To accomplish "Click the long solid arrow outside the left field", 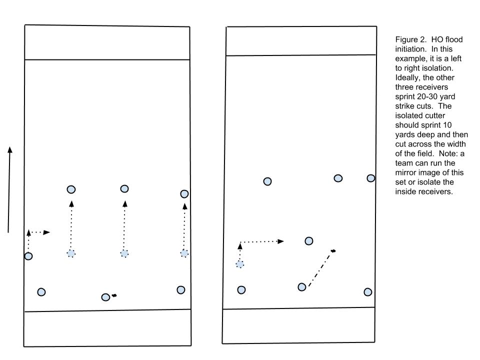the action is (9, 190).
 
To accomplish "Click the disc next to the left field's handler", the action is (114, 295).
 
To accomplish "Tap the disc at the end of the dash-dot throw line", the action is (333, 251).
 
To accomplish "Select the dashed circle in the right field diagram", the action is (240, 264).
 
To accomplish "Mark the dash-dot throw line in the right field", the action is (320, 269).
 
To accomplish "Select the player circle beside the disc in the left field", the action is (105, 297).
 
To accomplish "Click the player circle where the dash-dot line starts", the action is (302, 287).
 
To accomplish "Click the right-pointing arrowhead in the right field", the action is (280, 241).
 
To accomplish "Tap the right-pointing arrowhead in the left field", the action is (46, 232).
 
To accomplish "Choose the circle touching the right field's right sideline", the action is (370, 178).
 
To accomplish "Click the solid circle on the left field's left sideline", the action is (28, 256).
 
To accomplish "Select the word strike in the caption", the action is (404, 106).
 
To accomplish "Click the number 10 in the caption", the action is (447, 125).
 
